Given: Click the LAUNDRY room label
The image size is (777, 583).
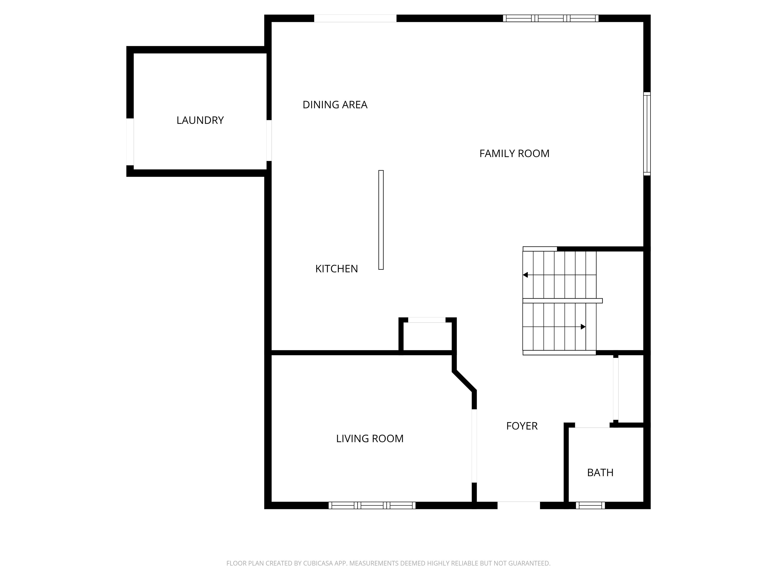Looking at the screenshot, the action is (x=200, y=120).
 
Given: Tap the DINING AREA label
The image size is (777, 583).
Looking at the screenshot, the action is (x=335, y=105).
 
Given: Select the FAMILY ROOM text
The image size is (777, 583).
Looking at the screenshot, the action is (x=514, y=154).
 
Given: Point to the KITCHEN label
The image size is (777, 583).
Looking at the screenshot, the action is (x=336, y=269).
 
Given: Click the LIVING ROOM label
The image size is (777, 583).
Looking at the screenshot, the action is (x=370, y=439).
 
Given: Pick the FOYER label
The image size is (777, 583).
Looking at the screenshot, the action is (x=522, y=426).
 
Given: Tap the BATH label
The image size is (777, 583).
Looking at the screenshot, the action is (x=600, y=473).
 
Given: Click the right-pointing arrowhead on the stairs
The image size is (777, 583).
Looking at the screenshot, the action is (x=583, y=327).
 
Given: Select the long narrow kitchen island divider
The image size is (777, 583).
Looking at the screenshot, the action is (x=381, y=220).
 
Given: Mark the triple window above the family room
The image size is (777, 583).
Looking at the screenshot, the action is (x=550, y=18).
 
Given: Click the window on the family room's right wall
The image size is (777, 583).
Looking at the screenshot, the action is (x=647, y=134).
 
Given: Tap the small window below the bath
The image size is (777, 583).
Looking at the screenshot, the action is (x=590, y=505).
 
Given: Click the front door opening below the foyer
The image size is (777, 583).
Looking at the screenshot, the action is (x=519, y=505).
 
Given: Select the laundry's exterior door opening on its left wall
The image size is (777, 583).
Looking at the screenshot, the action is (x=130, y=142).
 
